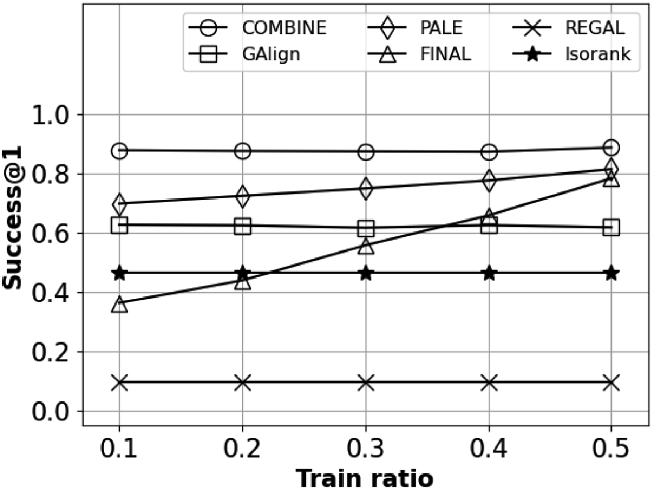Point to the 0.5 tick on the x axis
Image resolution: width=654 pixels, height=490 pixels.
point(611,450)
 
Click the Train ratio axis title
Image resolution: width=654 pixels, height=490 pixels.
point(365,477)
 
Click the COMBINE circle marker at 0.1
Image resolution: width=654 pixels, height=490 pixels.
point(120,151)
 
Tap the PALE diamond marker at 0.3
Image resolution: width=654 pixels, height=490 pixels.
point(366,188)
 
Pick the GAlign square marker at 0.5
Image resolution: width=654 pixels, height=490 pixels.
point(611,228)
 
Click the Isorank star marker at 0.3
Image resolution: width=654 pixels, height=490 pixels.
point(366,273)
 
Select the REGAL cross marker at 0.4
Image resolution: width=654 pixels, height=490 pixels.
point(489,382)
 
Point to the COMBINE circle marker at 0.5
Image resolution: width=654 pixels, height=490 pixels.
point(611,148)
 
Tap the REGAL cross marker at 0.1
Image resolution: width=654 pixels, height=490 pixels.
point(120,382)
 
